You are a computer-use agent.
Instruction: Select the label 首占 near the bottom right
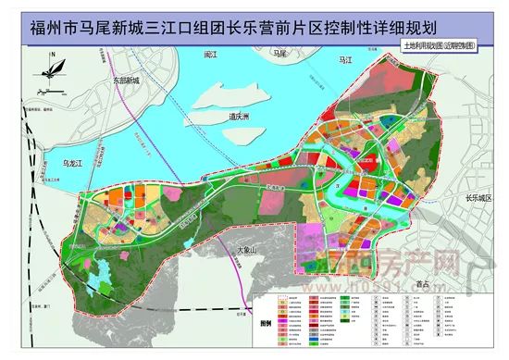point(423,284)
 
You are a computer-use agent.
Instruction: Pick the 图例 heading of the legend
point(263,325)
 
